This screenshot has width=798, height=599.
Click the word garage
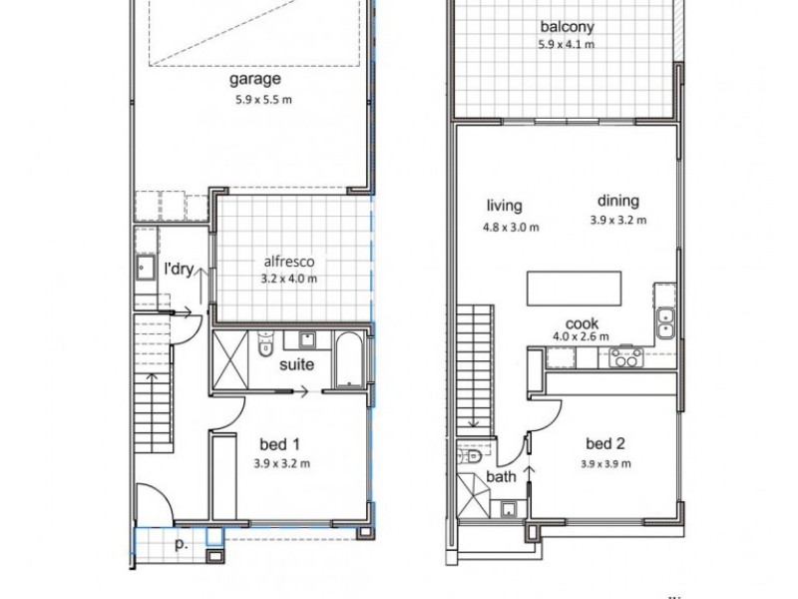pyautogui.click(x=255, y=79)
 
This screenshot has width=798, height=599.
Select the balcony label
pyautogui.click(x=567, y=27)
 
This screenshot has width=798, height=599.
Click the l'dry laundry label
pyautogui.click(x=178, y=269)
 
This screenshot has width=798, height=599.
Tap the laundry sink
pyautogui.click(x=146, y=268)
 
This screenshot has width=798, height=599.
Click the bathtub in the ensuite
pyautogui.click(x=349, y=359)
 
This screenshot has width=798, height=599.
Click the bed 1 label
pyautogui.click(x=280, y=443)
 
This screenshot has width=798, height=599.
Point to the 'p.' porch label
pyautogui.click(x=182, y=546)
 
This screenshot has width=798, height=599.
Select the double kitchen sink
pyautogui.click(x=666, y=321)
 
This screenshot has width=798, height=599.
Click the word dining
pyautogui.click(x=618, y=201)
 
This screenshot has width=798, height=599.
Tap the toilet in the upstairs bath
pyautogui.click(x=471, y=455)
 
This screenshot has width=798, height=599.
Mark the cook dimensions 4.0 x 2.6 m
pyautogui.click(x=581, y=338)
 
